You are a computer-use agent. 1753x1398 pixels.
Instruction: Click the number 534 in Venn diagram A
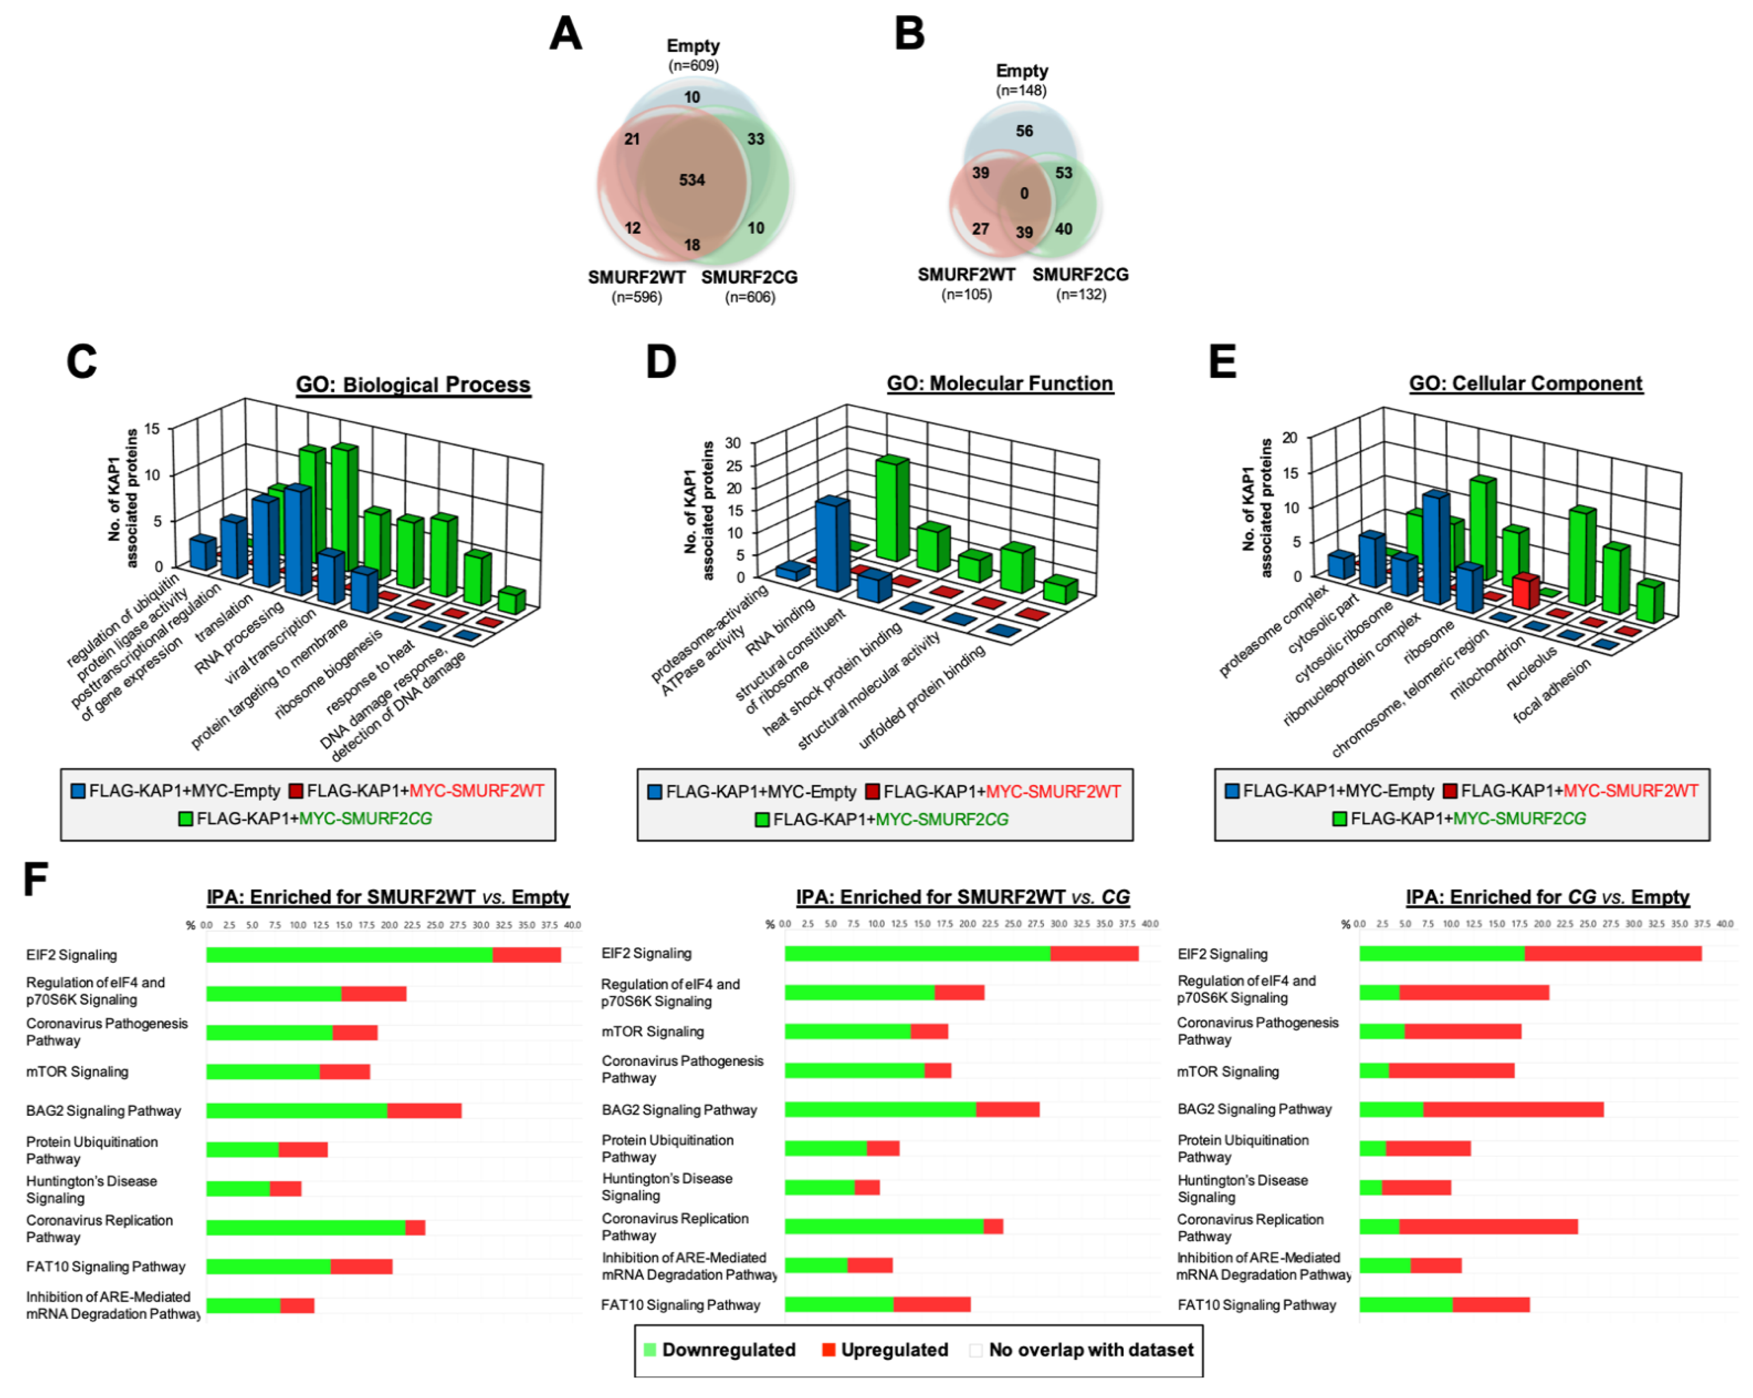click(692, 179)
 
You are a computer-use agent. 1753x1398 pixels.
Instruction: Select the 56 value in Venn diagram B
click(1024, 131)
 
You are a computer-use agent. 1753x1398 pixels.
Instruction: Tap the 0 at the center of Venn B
click(1024, 193)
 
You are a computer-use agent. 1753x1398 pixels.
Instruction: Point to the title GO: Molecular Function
click(999, 384)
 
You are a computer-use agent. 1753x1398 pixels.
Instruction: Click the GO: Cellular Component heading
click(1525, 384)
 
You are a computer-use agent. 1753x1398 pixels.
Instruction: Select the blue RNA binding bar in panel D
click(831, 545)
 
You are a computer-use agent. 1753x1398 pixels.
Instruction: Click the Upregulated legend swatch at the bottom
click(828, 1350)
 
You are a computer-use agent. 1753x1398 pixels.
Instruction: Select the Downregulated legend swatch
click(650, 1350)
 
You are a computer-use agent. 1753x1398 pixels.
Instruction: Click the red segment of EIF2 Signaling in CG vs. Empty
click(1613, 953)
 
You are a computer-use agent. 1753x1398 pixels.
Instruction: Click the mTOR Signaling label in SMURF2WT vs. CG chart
click(652, 1031)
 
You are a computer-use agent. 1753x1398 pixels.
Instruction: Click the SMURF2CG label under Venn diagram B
click(1080, 275)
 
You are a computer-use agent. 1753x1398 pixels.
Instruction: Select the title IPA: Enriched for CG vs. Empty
click(1547, 897)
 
